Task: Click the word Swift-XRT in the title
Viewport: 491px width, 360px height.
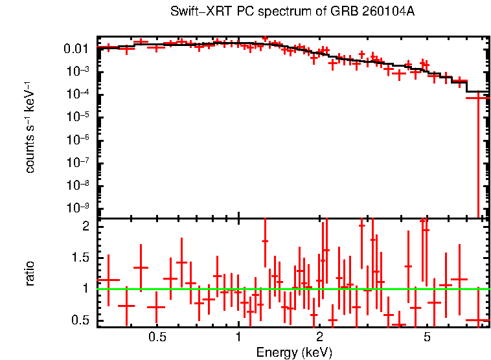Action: pyautogui.click(x=194, y=12)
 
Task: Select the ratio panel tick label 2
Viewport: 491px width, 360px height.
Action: pyautogui.click(x=86, y=227)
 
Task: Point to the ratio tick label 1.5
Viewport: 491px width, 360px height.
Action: pyautogui.click(x=80, y=258)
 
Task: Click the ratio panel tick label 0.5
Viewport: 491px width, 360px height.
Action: pyautogui.click(x=80, y=320)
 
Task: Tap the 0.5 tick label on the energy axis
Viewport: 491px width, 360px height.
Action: pyautogui.click(x=157, y=338)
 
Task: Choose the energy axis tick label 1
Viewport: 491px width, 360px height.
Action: pyautogui.click(x=238, y=338)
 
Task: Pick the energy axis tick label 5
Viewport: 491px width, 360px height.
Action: pyautogui.click(x=427, y=338)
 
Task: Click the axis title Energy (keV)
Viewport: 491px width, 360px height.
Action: pyautogui.click(x=294, y=352)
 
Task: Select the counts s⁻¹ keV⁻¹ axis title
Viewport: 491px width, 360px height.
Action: pyautogui.click(x=30, y=127)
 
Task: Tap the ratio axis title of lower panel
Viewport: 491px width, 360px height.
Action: pyautogui.click(x=30, y=273)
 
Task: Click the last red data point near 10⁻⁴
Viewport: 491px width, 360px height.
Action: pyautogui.click(x=478, y=98)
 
